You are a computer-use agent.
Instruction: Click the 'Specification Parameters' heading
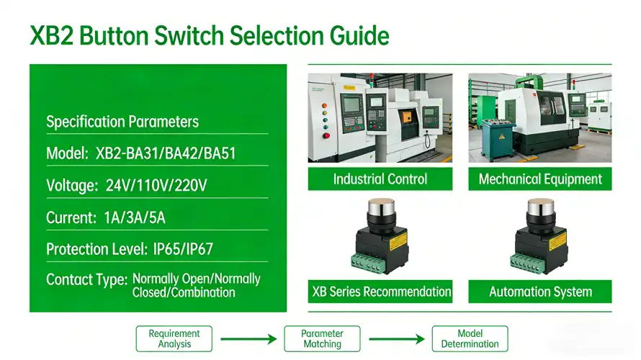pyautogui.click(x=122, y=122)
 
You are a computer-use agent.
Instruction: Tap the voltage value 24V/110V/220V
pyautogui.click(x=156, y=186)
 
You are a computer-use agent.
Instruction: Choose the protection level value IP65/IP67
pyautogui.click(x=183, y=249)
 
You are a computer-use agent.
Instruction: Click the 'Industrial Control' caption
pyautogui.click(x=380, y=179)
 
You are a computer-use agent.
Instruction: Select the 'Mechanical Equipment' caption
pyautogui.click(x=540, y=179)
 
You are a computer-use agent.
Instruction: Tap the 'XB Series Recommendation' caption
pyautogui.click(x=381, y=292)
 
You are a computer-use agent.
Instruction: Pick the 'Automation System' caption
pyautogui.click(x=540, y=292)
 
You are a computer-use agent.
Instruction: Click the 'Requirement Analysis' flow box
pyautogui.click(x=174, y=338)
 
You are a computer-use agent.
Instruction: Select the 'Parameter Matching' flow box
pyautogui.click(x=322, y=338)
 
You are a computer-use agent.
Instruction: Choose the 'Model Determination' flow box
pyautogui.click(x=470, y=338)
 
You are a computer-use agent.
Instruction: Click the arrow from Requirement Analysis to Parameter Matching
pyautogui.click(x=248, y=338)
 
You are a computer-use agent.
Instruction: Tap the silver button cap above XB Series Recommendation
pyautogui.click(x=380, y=210)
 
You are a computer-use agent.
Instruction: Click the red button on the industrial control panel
pyautogui.click(x=326, y=135)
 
